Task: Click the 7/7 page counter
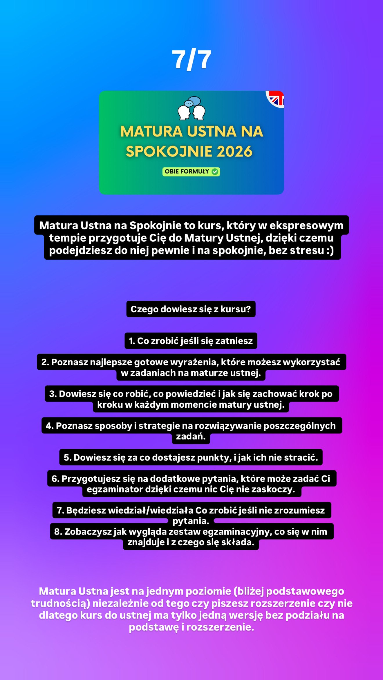coord(191,60)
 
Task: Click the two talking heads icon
coord(191,108)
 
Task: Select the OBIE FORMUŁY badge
coord(191,172)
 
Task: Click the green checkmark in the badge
coord(215,172)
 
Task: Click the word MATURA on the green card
coord(151,131)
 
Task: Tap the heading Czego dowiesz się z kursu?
coord(191,309)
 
